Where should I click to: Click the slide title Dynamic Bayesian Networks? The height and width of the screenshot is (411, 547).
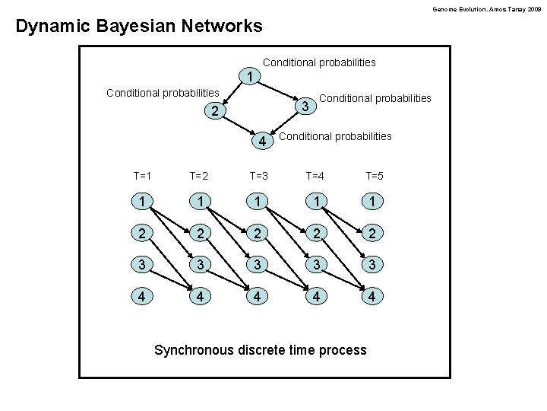pyautogui.click(x=139, y=27)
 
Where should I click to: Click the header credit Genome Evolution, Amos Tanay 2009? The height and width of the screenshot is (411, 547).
pyautogui.click(x=487, y=8)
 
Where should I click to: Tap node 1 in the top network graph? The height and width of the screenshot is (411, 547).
pyautogui.click(x=250, y=77)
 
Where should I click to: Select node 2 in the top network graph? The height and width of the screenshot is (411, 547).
pyautogui.click(x=215, y=112)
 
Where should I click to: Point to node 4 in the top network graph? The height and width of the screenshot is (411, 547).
pyautogui.click(x=261, y=142)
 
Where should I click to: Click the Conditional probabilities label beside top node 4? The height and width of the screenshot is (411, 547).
pyautogui.click(x=336, y=136)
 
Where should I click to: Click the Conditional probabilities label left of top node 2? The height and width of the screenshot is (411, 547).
pyautogui.click(x=163, y=93)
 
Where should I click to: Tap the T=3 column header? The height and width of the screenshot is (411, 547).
pyautogui.click(x=259, y=176)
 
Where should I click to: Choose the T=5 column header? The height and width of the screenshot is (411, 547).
pyautogui.click(x=375, y=176)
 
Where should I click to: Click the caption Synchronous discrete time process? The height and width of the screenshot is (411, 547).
pyautogui.click(x=260, y=350)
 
